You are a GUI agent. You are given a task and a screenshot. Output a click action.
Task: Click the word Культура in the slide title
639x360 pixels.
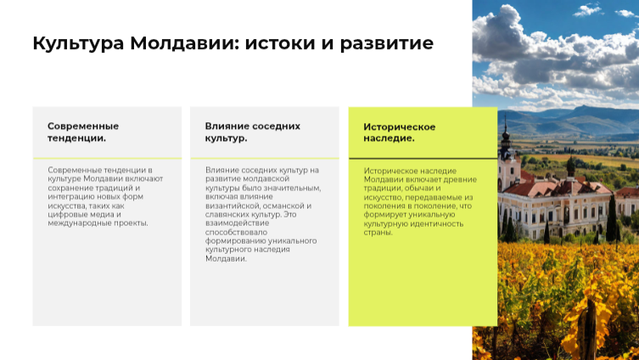point(78,43)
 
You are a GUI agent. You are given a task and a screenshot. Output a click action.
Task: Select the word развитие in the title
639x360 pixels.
point(387,44)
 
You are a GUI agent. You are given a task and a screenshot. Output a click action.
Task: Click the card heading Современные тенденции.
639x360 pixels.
point(83,132)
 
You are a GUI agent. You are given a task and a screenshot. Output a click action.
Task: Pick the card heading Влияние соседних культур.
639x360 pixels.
point(253,132)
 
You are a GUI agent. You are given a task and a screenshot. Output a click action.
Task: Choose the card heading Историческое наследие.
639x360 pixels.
point(400,132)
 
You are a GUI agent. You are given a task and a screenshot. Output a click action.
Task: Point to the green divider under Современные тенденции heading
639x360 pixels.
point(107,158)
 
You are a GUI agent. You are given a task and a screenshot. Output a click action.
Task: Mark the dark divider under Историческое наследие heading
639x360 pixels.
point(423,158)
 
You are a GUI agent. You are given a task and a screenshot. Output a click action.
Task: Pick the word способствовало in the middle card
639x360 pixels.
point(237,233)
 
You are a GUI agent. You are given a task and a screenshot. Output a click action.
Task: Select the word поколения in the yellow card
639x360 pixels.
point(381,206)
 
